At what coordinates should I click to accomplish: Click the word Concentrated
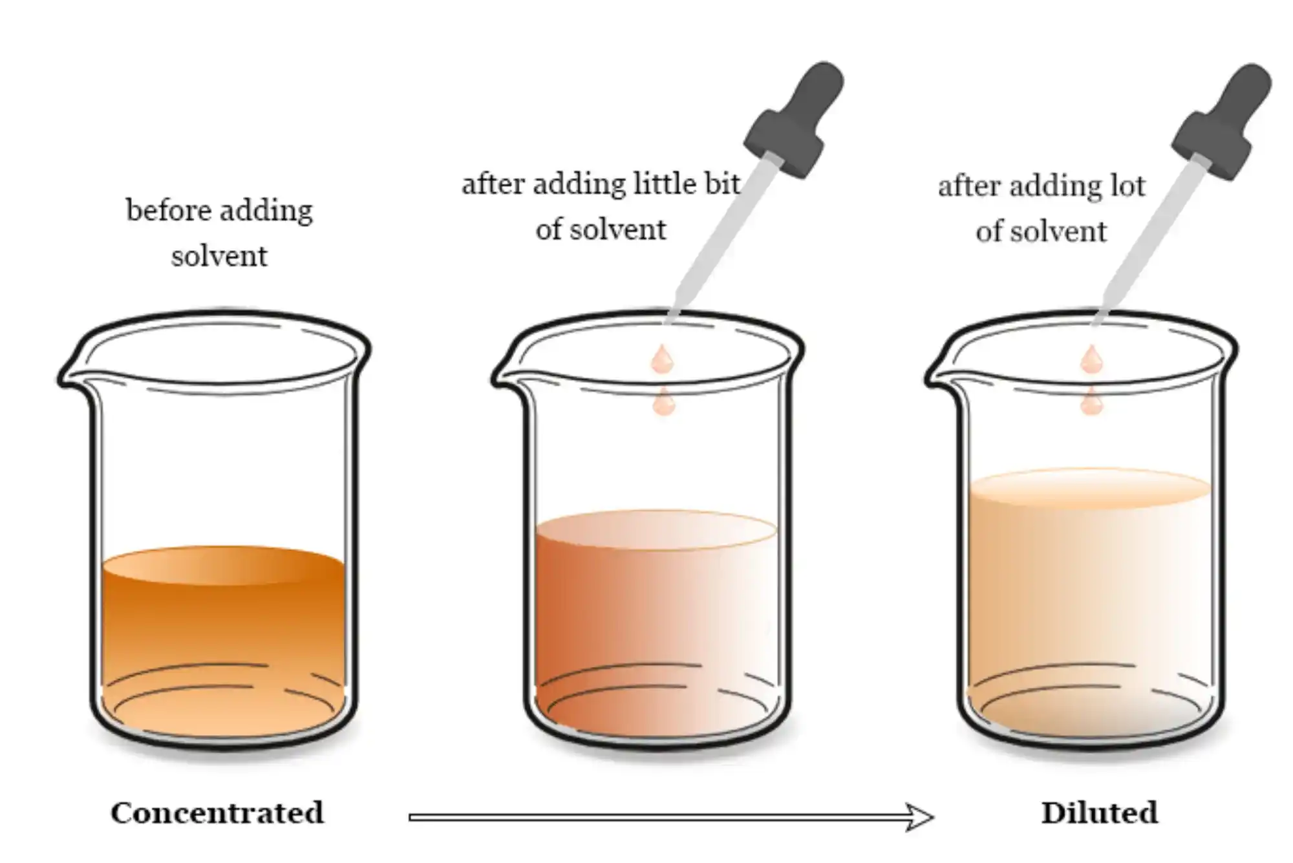tap(217, 813)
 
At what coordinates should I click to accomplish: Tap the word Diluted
tap(1100, 813)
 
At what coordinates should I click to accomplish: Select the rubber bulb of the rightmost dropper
tap(1223, 120)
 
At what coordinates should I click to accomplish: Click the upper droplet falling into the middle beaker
tap(662, 359)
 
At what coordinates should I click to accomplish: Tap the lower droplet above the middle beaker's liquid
tap(664, 401)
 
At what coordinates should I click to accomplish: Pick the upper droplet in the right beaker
tap(1091, 359)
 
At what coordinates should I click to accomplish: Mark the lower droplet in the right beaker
tap(1091, 401)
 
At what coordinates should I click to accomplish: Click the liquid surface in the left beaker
tap(223, 566)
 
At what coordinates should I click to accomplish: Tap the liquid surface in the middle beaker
tap(656, 530)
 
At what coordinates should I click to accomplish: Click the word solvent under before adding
tap(219, 256)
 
